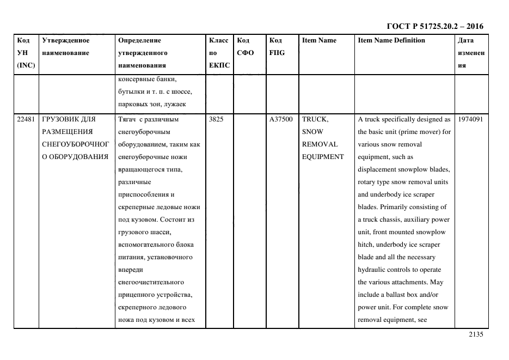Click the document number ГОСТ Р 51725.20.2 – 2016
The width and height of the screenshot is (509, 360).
[x=434, y=26]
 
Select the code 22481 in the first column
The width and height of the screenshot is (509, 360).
[x=26, y=119]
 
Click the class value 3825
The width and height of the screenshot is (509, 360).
[x=216, y=119]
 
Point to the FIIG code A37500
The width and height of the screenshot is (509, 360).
[x=281, y=119]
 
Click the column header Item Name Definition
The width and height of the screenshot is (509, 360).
[x=391, y=40]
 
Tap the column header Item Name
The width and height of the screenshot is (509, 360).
[x=319, y=40]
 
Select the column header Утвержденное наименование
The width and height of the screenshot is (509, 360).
[x=65, y=46]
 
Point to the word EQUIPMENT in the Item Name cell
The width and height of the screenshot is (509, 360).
[x=323, y=157]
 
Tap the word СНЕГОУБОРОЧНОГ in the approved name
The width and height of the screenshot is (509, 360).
[x=75, y=144]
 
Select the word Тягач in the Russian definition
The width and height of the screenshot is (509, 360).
[x=127, y=119]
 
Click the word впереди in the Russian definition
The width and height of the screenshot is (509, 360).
[x=130, y=270]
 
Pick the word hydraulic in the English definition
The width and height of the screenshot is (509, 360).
[x=372, y=270]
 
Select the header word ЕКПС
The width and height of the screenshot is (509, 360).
[x=219, y=65]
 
